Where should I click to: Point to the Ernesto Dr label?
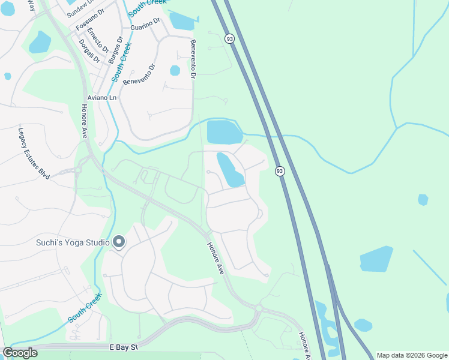(97, 40)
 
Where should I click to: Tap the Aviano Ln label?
(101, 97)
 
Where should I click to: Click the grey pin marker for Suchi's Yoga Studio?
(119, 242)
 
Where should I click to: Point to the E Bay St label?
(124, 347)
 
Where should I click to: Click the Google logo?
(20, 353)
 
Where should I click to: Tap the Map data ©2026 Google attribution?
(411, 355)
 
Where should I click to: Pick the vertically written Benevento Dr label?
(193, 59)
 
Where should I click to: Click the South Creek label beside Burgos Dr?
(122, 64)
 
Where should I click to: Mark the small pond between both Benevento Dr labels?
(175, 70)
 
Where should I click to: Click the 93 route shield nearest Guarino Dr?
(229, 38)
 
